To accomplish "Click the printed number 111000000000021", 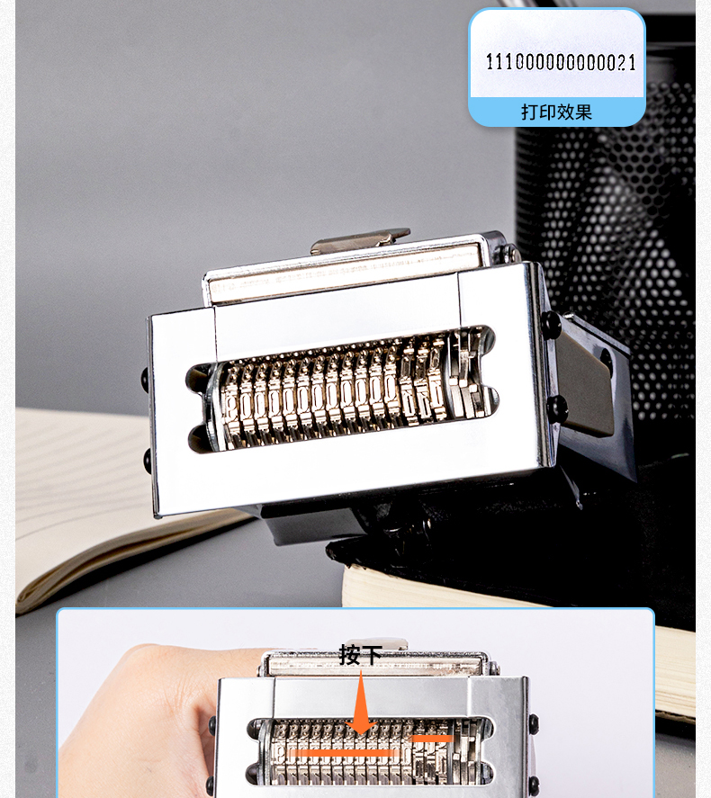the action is pos(561,62).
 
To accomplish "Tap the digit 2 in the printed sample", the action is pos(623,62).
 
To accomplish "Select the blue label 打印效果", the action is pos(556,112).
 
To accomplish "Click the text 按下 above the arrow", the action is pos(360,655).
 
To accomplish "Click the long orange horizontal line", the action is pos(342,752).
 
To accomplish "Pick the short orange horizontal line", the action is pos(432,738).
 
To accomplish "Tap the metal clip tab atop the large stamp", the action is pos(360,241).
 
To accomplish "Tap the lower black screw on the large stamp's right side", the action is pos(557,408).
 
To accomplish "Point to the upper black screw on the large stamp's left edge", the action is pos(145,379).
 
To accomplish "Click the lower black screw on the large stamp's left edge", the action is pos(148,459).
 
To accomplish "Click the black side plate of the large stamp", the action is pos(590,377).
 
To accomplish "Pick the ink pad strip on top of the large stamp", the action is pos(344,273).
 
